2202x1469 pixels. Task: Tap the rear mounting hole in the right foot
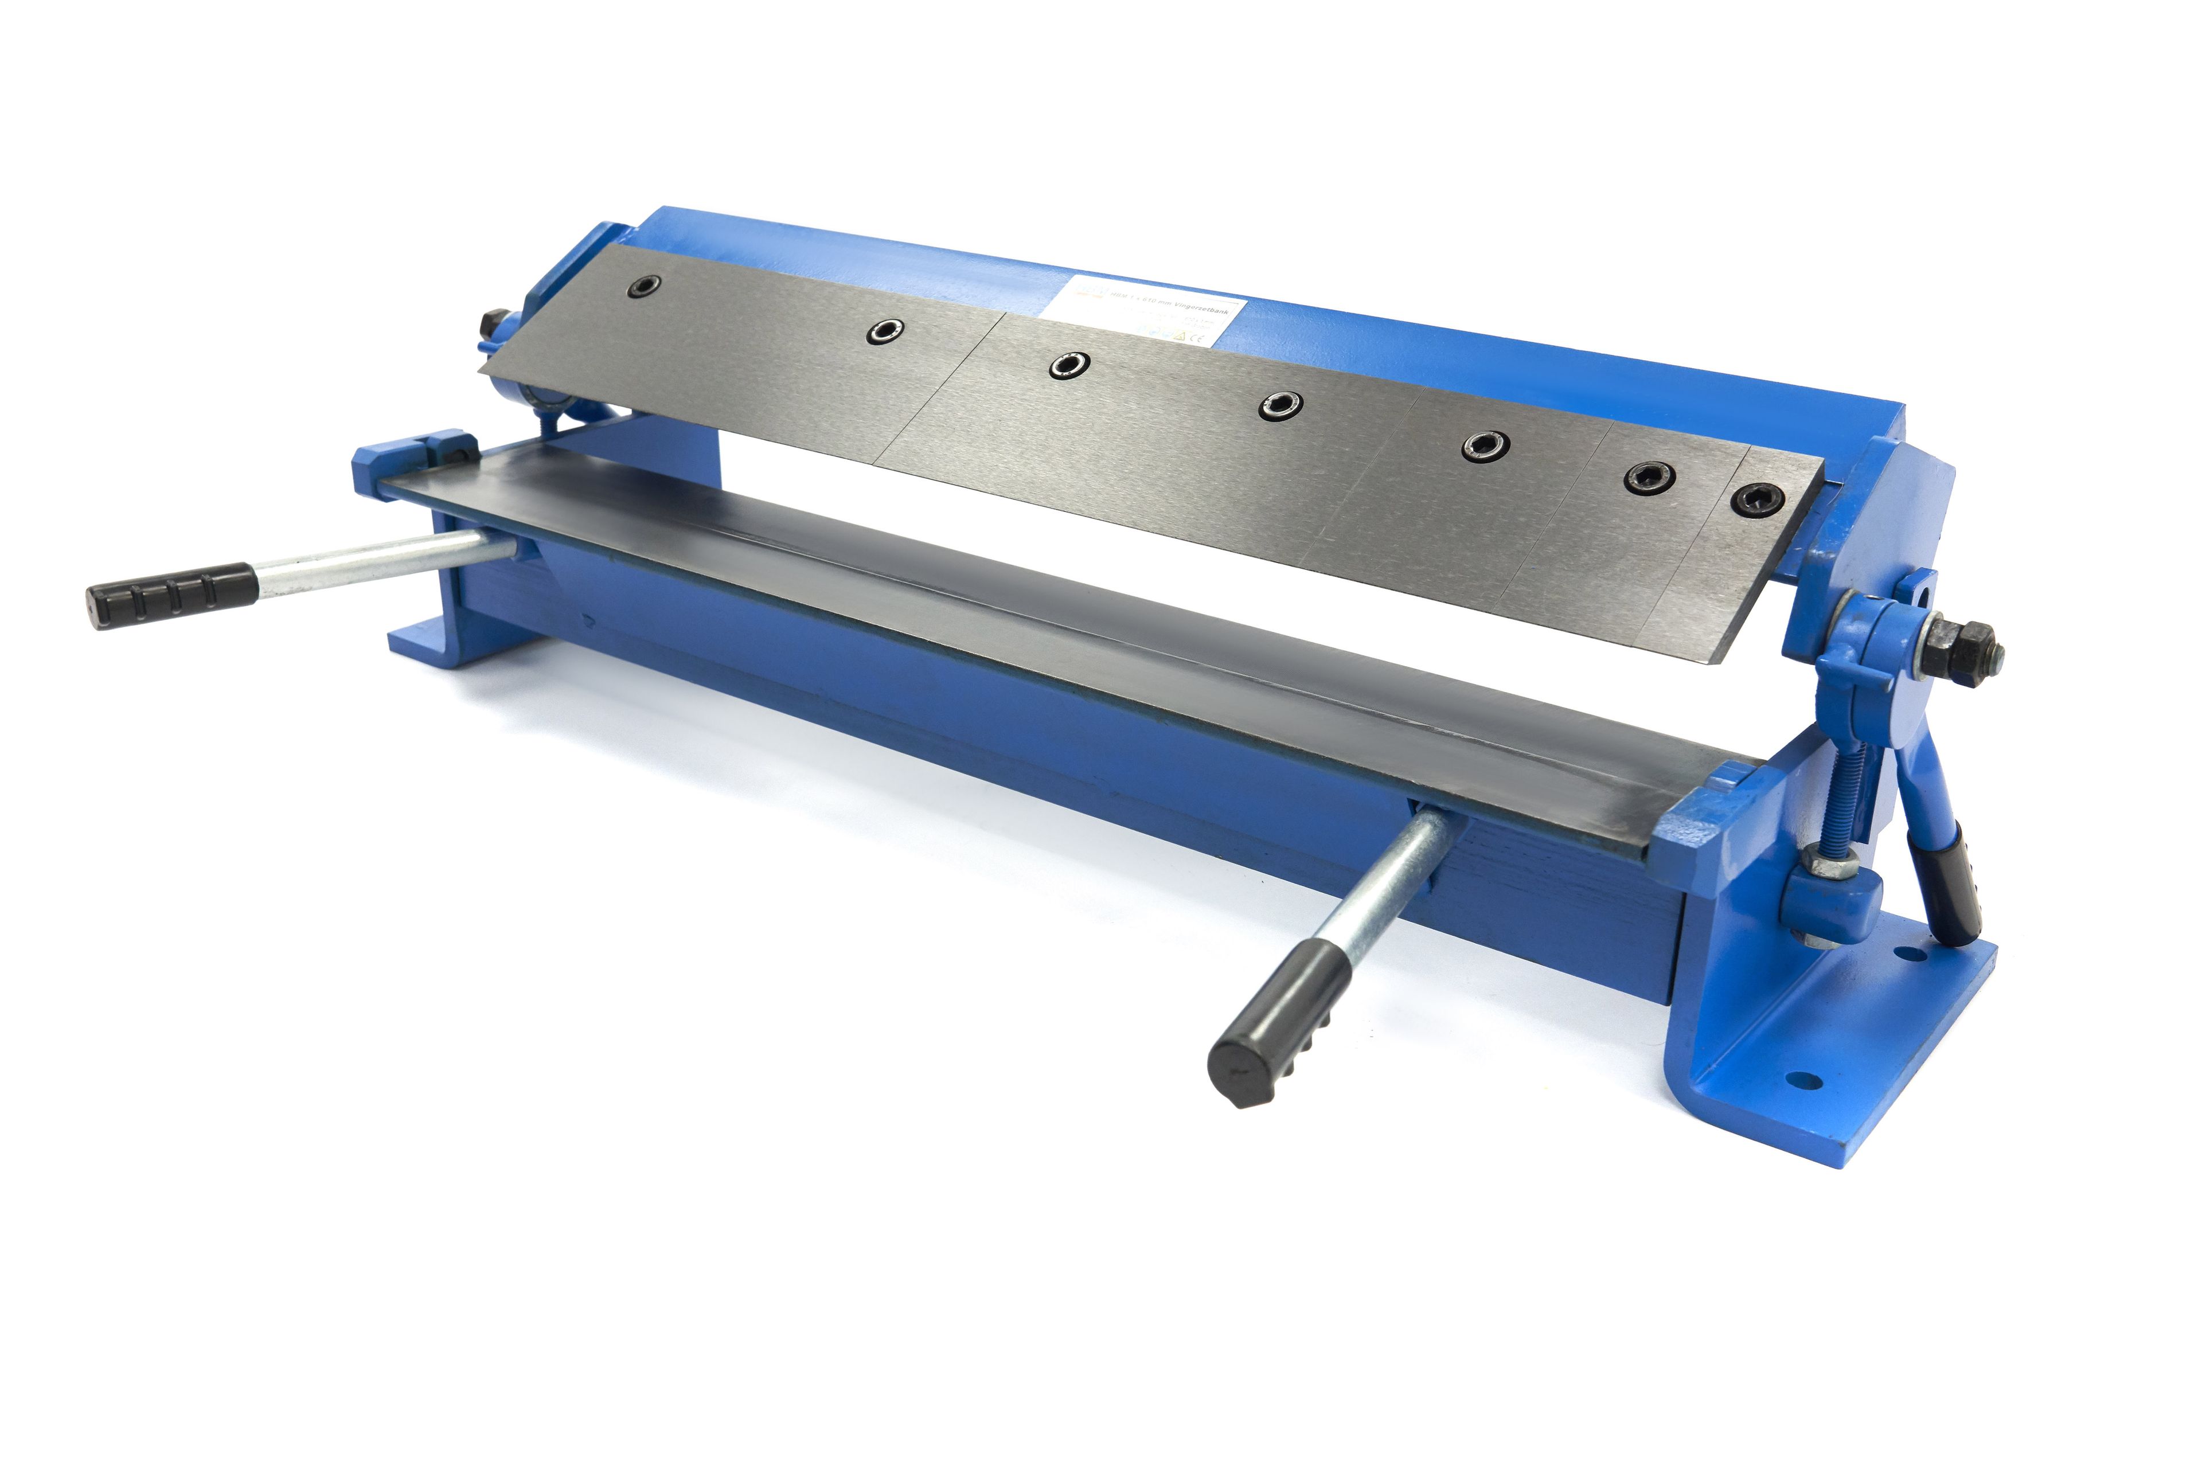(x=1903, y=954)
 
